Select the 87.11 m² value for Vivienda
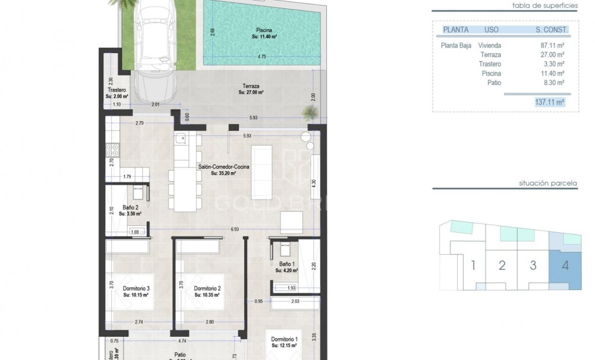click(x=552, y=45)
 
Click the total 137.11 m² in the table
click(x=549, y=102)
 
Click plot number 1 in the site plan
click(x=473, y=265)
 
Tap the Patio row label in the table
click(x=493, y=83)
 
